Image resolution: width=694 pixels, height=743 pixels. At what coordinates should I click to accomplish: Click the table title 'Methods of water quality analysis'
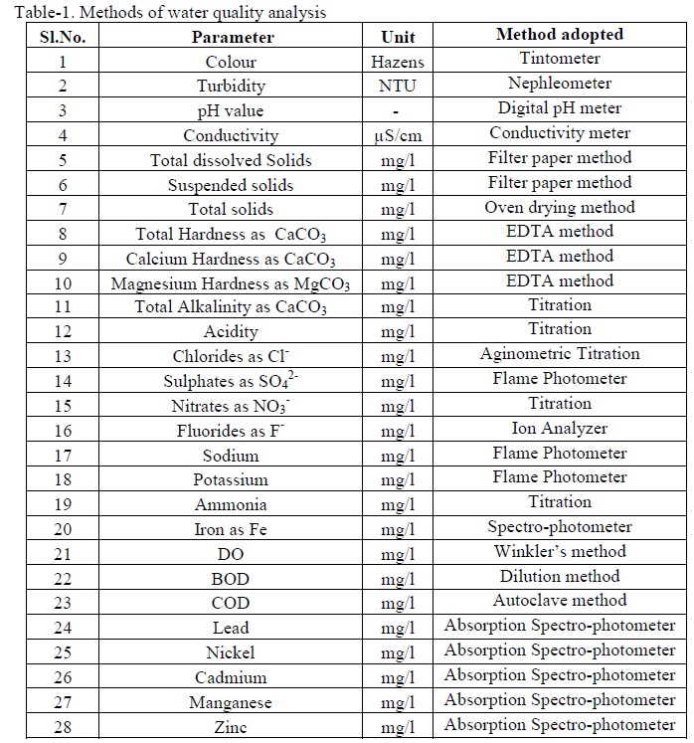tap(163, 13)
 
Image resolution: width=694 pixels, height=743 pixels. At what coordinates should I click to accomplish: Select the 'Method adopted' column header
tap(560, 35)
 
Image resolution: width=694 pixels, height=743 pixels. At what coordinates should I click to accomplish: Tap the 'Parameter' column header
tap(233, 37)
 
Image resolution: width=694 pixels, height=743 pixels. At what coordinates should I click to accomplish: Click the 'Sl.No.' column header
tap(62, 37)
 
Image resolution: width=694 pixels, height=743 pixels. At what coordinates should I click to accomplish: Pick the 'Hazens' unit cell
tap(398, 62)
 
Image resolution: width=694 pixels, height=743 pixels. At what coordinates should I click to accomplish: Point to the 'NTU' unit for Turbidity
tap(398, 86)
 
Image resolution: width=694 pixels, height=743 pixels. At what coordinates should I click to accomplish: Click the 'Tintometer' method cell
tap(560, 60)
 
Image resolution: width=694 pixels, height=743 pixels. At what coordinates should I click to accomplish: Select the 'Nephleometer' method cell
tap(560, 84)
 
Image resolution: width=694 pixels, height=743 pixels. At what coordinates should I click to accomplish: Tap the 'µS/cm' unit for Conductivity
tap(398, 136)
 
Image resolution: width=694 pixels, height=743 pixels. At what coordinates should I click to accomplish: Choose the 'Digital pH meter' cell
tap(560, 108)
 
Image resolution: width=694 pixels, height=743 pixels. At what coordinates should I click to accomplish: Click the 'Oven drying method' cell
tap(560, 207)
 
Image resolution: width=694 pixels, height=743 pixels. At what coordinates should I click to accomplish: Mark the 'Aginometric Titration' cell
tap(560, 354)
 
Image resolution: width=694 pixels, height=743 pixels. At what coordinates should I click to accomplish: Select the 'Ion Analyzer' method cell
tap(560, 429)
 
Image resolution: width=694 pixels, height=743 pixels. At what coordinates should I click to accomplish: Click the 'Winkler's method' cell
tap(560, 551)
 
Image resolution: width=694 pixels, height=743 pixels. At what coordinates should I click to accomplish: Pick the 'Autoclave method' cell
tap(560, 601)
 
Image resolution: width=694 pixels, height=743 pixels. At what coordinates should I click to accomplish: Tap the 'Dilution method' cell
tap(560, 576)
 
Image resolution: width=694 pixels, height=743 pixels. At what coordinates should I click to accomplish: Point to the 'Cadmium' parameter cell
tap(232, 677)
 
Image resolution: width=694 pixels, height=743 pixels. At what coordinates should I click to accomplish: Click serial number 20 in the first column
tap(63, 529)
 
